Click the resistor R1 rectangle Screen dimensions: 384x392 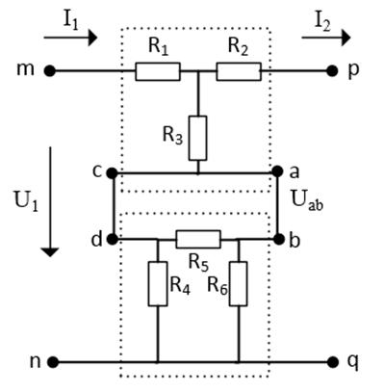[158, 71]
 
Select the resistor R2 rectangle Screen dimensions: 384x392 [239, 71]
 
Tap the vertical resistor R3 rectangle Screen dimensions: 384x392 [198, 138]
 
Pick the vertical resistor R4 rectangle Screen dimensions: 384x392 [158, 284]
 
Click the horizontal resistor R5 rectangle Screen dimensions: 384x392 [198, 239]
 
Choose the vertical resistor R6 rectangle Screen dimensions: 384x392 [239, 284]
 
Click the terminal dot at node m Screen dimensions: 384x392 [50, 71]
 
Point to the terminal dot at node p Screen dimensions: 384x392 [332, 71]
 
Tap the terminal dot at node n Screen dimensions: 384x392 [53, 362]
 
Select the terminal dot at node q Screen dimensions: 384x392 [334, 362]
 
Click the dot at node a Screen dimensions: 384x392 [277, 171]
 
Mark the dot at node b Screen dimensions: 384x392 [279, 239]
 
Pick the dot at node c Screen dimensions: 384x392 [112, 173]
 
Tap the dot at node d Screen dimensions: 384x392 [112, 239]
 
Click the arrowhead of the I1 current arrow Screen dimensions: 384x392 [92, 38]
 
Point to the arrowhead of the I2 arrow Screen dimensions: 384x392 [346, 38]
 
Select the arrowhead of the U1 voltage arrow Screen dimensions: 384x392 [50, 252]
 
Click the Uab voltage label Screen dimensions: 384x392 [307, 199]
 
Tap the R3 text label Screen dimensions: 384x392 [172, 135]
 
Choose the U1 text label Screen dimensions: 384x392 [26, 201]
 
